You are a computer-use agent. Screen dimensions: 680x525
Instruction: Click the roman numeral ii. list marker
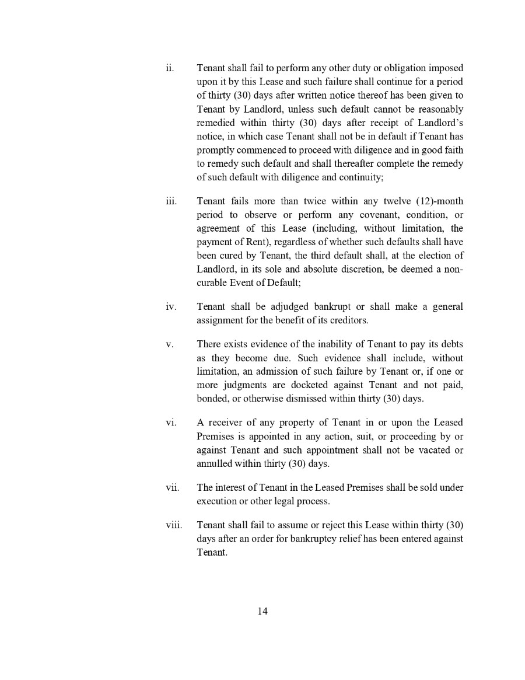click(169, 68)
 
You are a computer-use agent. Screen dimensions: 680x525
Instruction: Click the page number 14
click(262, 611)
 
